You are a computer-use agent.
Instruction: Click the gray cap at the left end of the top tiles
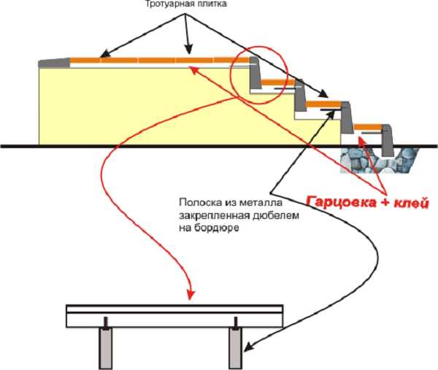(53, 61)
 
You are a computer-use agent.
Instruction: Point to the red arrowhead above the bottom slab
(191, 296)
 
